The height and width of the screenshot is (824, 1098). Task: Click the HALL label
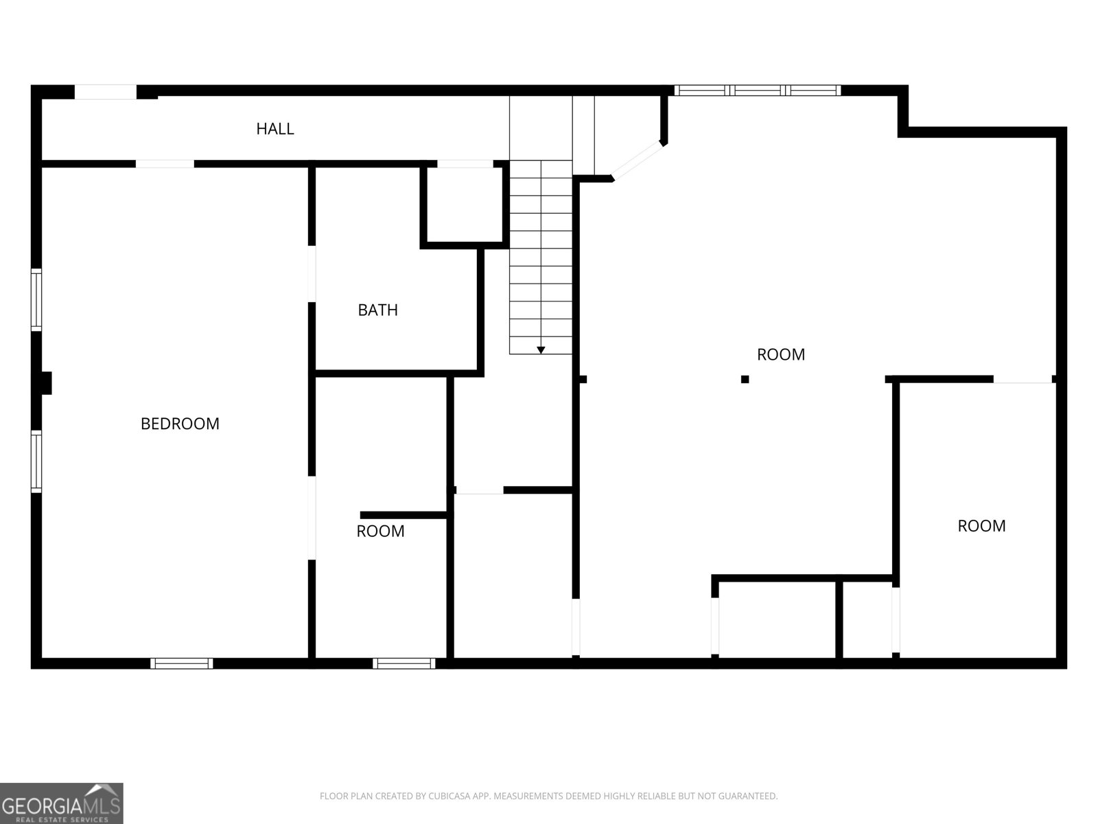(x=275, y=128)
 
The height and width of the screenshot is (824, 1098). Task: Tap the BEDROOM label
(x=180, y=424)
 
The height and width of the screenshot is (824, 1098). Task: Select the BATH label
(x=377, y=310)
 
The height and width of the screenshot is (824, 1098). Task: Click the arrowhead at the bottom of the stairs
(x=541, y=350)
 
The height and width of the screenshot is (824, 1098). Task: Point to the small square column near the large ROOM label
(x=745, y=379)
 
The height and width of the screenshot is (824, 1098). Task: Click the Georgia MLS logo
(x=61, y=803)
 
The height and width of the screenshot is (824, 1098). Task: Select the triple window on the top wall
(x=757, y=90)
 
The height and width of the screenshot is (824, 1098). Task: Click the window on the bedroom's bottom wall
(x=182, y=663)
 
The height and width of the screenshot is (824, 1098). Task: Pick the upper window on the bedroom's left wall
(x=36, y=300)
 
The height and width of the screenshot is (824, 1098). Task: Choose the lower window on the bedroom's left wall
(x=36, y=461)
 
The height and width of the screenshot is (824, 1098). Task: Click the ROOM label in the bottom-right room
(x=981, y=526)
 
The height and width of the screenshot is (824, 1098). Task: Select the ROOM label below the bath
(x=380, y=531)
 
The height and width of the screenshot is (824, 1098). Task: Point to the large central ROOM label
(x=780, y=354)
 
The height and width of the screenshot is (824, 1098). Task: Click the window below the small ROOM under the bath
(x=404, y=663)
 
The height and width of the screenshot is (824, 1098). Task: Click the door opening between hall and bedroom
(x=165, y=164)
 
